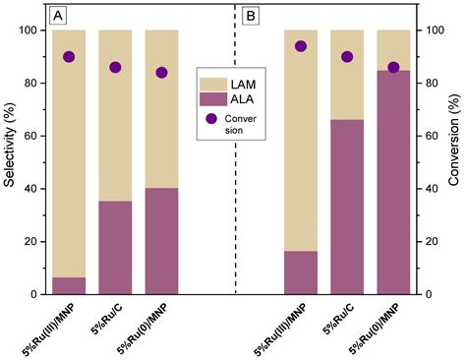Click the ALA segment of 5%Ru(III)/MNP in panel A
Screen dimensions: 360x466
[x=69, y=285]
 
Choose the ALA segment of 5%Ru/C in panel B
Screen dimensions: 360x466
[x=347, y=207]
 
